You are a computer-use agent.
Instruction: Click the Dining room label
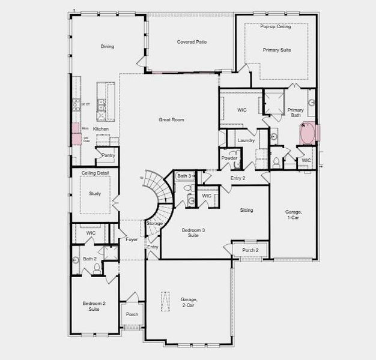(x=107, y=46)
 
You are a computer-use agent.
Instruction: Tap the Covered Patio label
(x=192, y=42)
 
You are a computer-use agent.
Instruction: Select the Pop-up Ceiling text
(x=276, y=27)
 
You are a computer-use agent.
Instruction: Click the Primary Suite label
(x=277, y=50)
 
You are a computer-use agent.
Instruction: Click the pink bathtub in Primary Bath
(x=309, y=133)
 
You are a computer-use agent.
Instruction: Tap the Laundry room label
(x=246, y=140)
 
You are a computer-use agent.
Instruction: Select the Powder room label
(x=229, y=158)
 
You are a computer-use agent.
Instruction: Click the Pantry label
(x=108, y=155)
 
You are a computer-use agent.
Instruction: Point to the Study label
(x=95, y=194)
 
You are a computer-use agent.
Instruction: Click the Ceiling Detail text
(x=95, y=173)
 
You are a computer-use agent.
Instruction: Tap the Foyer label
(x=132, y=239)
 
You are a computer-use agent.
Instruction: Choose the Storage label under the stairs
(x=154, y=223)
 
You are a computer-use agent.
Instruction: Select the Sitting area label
(x=246, y=210)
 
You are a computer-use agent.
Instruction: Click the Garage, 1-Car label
(x=293, y=215)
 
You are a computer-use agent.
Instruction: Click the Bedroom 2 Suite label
(x=94, y=306)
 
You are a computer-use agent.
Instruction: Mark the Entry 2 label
(x=238, y=178)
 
